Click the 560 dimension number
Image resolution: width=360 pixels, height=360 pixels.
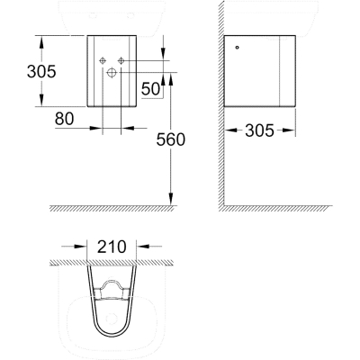pyautogui.click(x=171, y=139)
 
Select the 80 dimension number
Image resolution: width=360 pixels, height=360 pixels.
pyautogui.click(x=64, y=119)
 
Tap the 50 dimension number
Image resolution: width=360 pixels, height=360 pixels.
pyautogui.click(x=150, y=89)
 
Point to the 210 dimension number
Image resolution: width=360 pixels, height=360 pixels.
pyautogui.click(x=112, y=247)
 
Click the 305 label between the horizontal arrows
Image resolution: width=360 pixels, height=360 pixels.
pyautogui.click(x=259, y=130)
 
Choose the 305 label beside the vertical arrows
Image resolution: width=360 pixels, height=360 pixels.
pyautogui.click(x=41, y=71)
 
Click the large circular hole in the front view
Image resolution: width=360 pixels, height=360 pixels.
pyautogui.click(x=112, y=72)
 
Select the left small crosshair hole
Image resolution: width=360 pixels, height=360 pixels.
pyautogui.click(x=103, y=60)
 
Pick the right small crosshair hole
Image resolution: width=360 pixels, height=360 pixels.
pyautogui.click(x=121, y=60)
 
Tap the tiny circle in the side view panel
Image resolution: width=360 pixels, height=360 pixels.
pyautogui.click(x=238, y=48)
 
